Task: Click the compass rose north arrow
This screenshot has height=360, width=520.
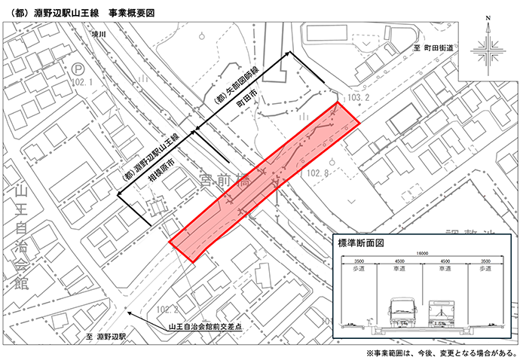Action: pos(488,52)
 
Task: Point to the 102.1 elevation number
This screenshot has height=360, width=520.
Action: pos(80,82)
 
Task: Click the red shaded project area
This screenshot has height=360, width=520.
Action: pos(264,181)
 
